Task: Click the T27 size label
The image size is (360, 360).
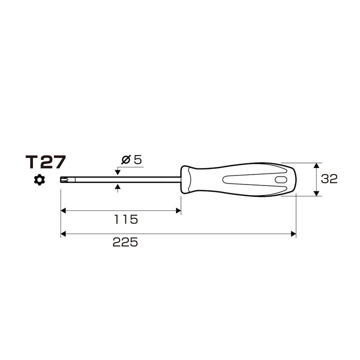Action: tap(45, 162)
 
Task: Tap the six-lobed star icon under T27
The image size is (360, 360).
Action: tap(39, 180)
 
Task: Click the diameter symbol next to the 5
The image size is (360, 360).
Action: tap(126, 159)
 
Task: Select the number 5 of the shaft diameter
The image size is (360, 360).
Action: tap(138, 159)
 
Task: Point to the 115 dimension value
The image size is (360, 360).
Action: tap(126, 219)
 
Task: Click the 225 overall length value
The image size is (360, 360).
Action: tap(125, 242)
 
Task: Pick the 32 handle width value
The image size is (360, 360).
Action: tap(329, 178)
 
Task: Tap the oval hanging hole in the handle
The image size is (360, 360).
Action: tap(281, 180)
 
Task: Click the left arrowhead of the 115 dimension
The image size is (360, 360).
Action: tap(63, 210)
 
